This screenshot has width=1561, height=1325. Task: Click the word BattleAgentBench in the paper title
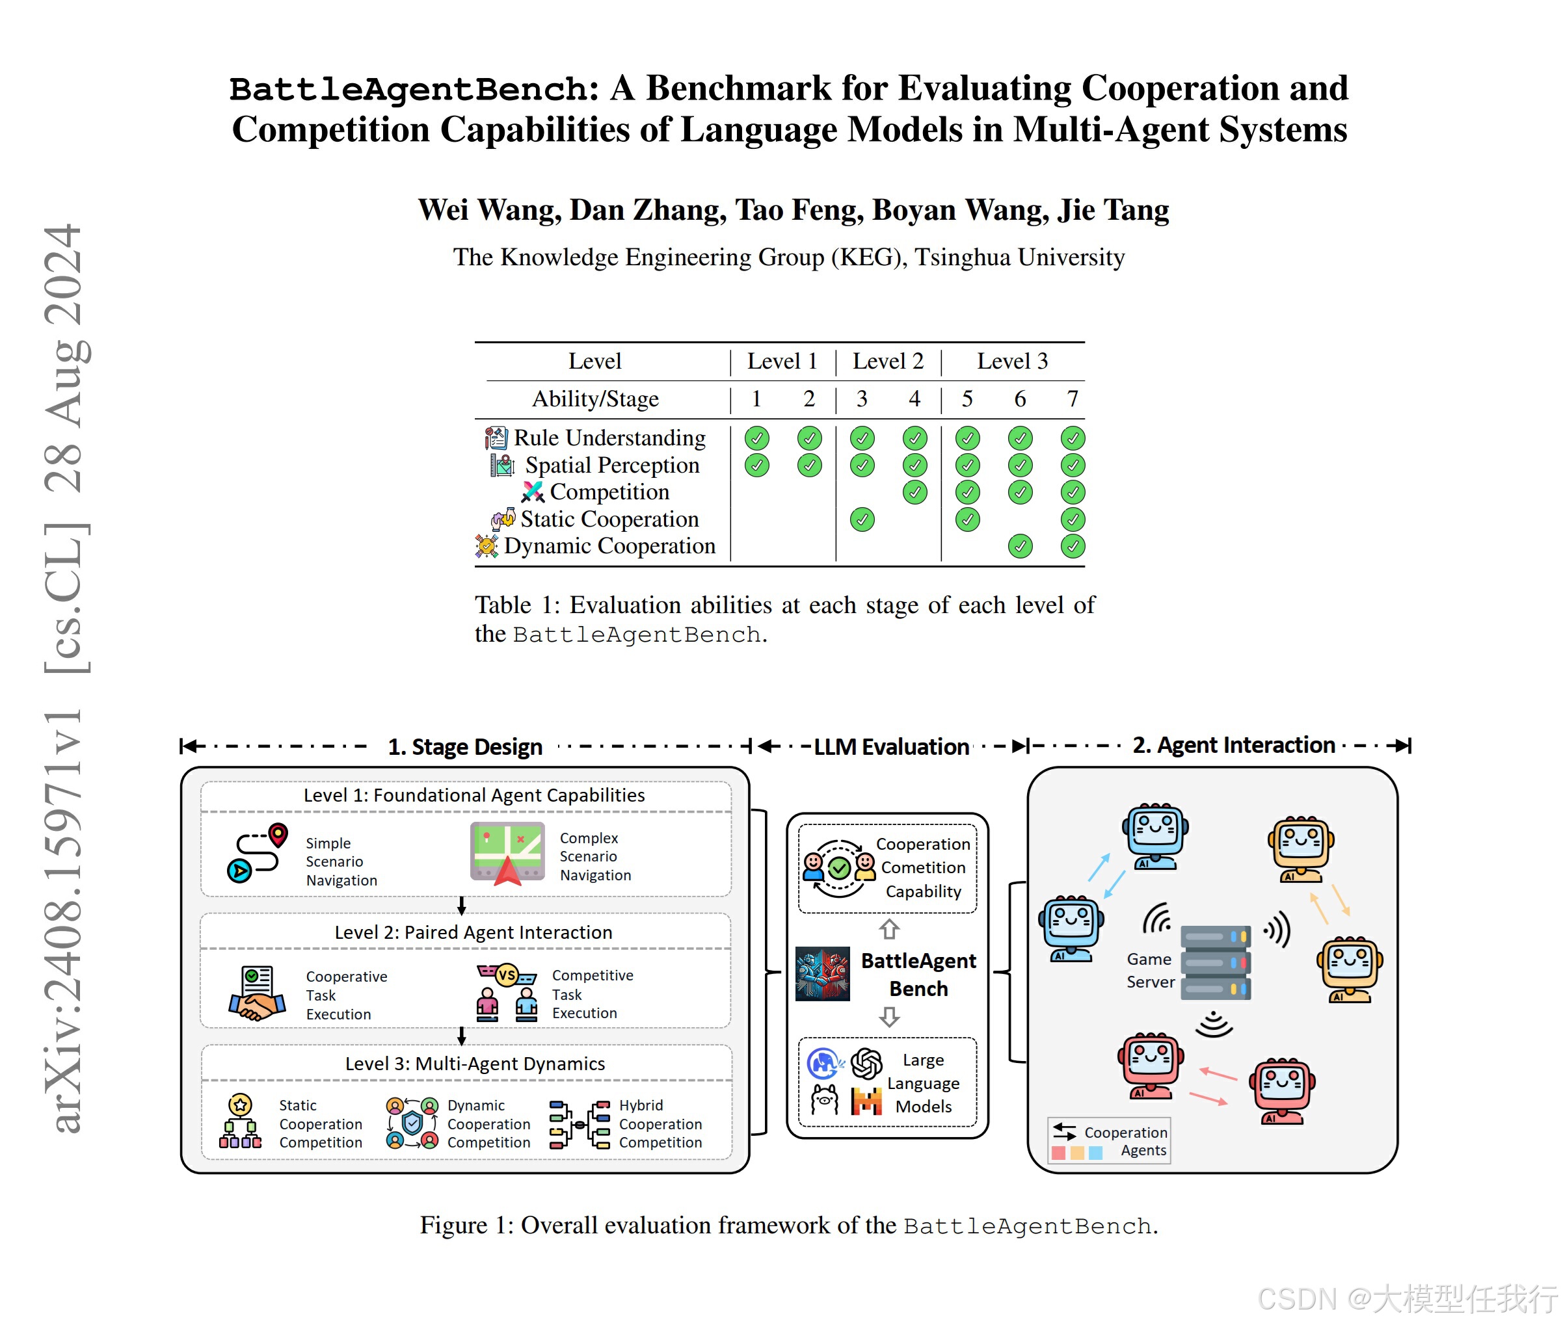pyautogui.click(x=412, y=89)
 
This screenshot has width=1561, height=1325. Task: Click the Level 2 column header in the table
pyautogui.click(x=888, y=361)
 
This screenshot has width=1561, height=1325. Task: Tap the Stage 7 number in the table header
pyautogui.click(x=1072, y=399)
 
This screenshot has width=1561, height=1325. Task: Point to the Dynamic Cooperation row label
pyautogui.click(x=609, y=546)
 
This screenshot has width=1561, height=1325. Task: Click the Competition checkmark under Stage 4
pyautogui.click(x=914, y=493)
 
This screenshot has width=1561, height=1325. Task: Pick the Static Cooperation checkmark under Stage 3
pyautogui.click(x=862, y=519)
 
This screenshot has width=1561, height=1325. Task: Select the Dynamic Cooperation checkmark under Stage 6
pyautogui.click(x=1019, y=546)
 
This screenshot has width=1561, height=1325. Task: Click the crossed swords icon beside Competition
pyautogui.click(x=533, y=492)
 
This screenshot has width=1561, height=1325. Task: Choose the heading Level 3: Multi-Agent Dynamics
pyautogui.click(x=474, y=1064)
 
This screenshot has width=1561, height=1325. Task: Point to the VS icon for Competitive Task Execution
pyautogui.click(x=507, y=976)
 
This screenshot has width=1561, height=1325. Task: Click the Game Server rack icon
pyautogui.click(x=1214, y=962)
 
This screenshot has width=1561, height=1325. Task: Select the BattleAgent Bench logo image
pyautogui.click(x=822, y=973)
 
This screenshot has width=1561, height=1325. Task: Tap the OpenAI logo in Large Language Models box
pyautogui.click(x=866, y=1064)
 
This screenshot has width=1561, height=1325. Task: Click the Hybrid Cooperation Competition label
pyautogui.click(x=660, y=1123)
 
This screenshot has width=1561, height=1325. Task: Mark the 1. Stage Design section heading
pyautogui.click(x=465, y=746)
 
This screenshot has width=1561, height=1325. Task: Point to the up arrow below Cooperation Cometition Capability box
pyautogui.click(x=889, y=929)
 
